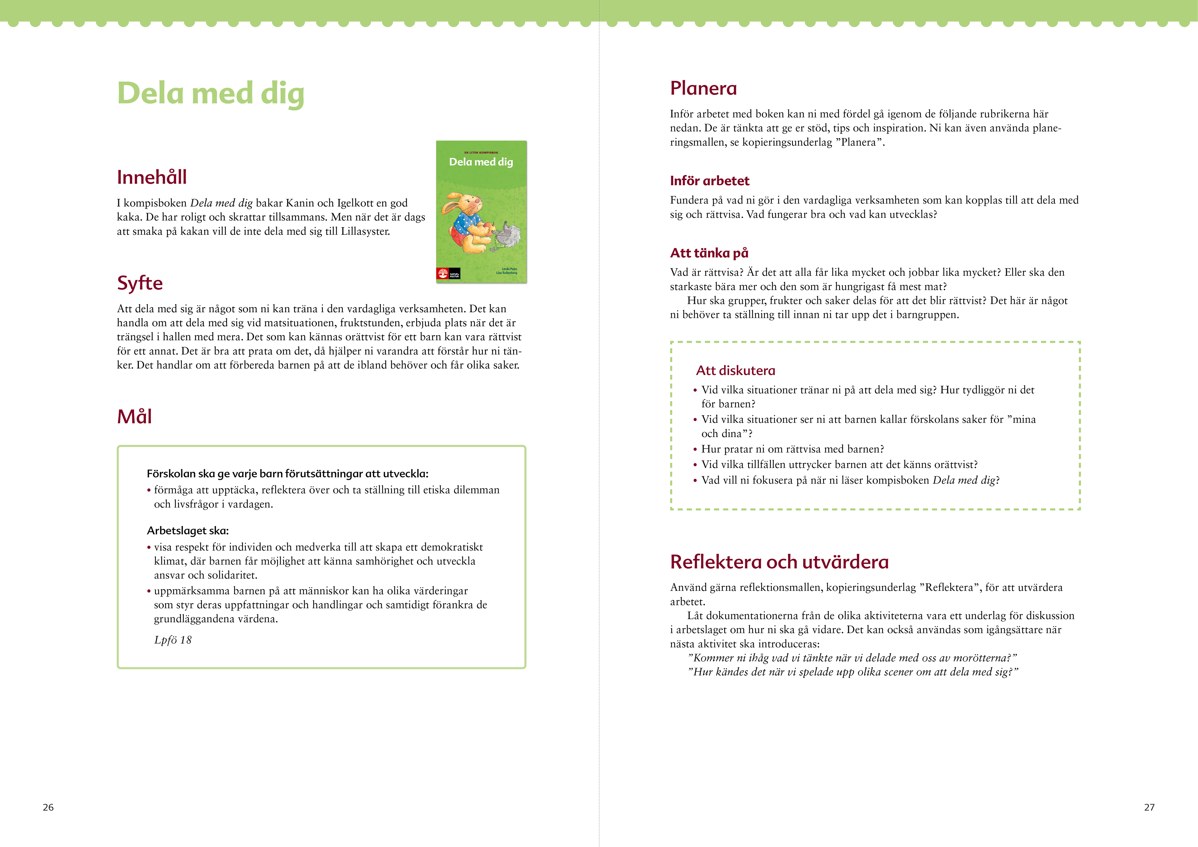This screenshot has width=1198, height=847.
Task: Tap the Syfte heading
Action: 140,283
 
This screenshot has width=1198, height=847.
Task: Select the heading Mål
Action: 134,416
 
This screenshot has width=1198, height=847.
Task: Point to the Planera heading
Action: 703,88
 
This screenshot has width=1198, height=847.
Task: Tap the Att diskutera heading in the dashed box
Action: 735,371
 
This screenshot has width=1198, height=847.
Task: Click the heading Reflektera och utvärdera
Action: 779,562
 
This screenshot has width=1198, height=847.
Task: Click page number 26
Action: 48,807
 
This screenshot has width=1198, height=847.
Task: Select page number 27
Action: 1149,807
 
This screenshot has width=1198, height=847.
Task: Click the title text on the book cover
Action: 481,162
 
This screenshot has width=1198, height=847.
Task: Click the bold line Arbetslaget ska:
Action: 188,531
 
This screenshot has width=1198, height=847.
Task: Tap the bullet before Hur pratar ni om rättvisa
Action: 695,449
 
